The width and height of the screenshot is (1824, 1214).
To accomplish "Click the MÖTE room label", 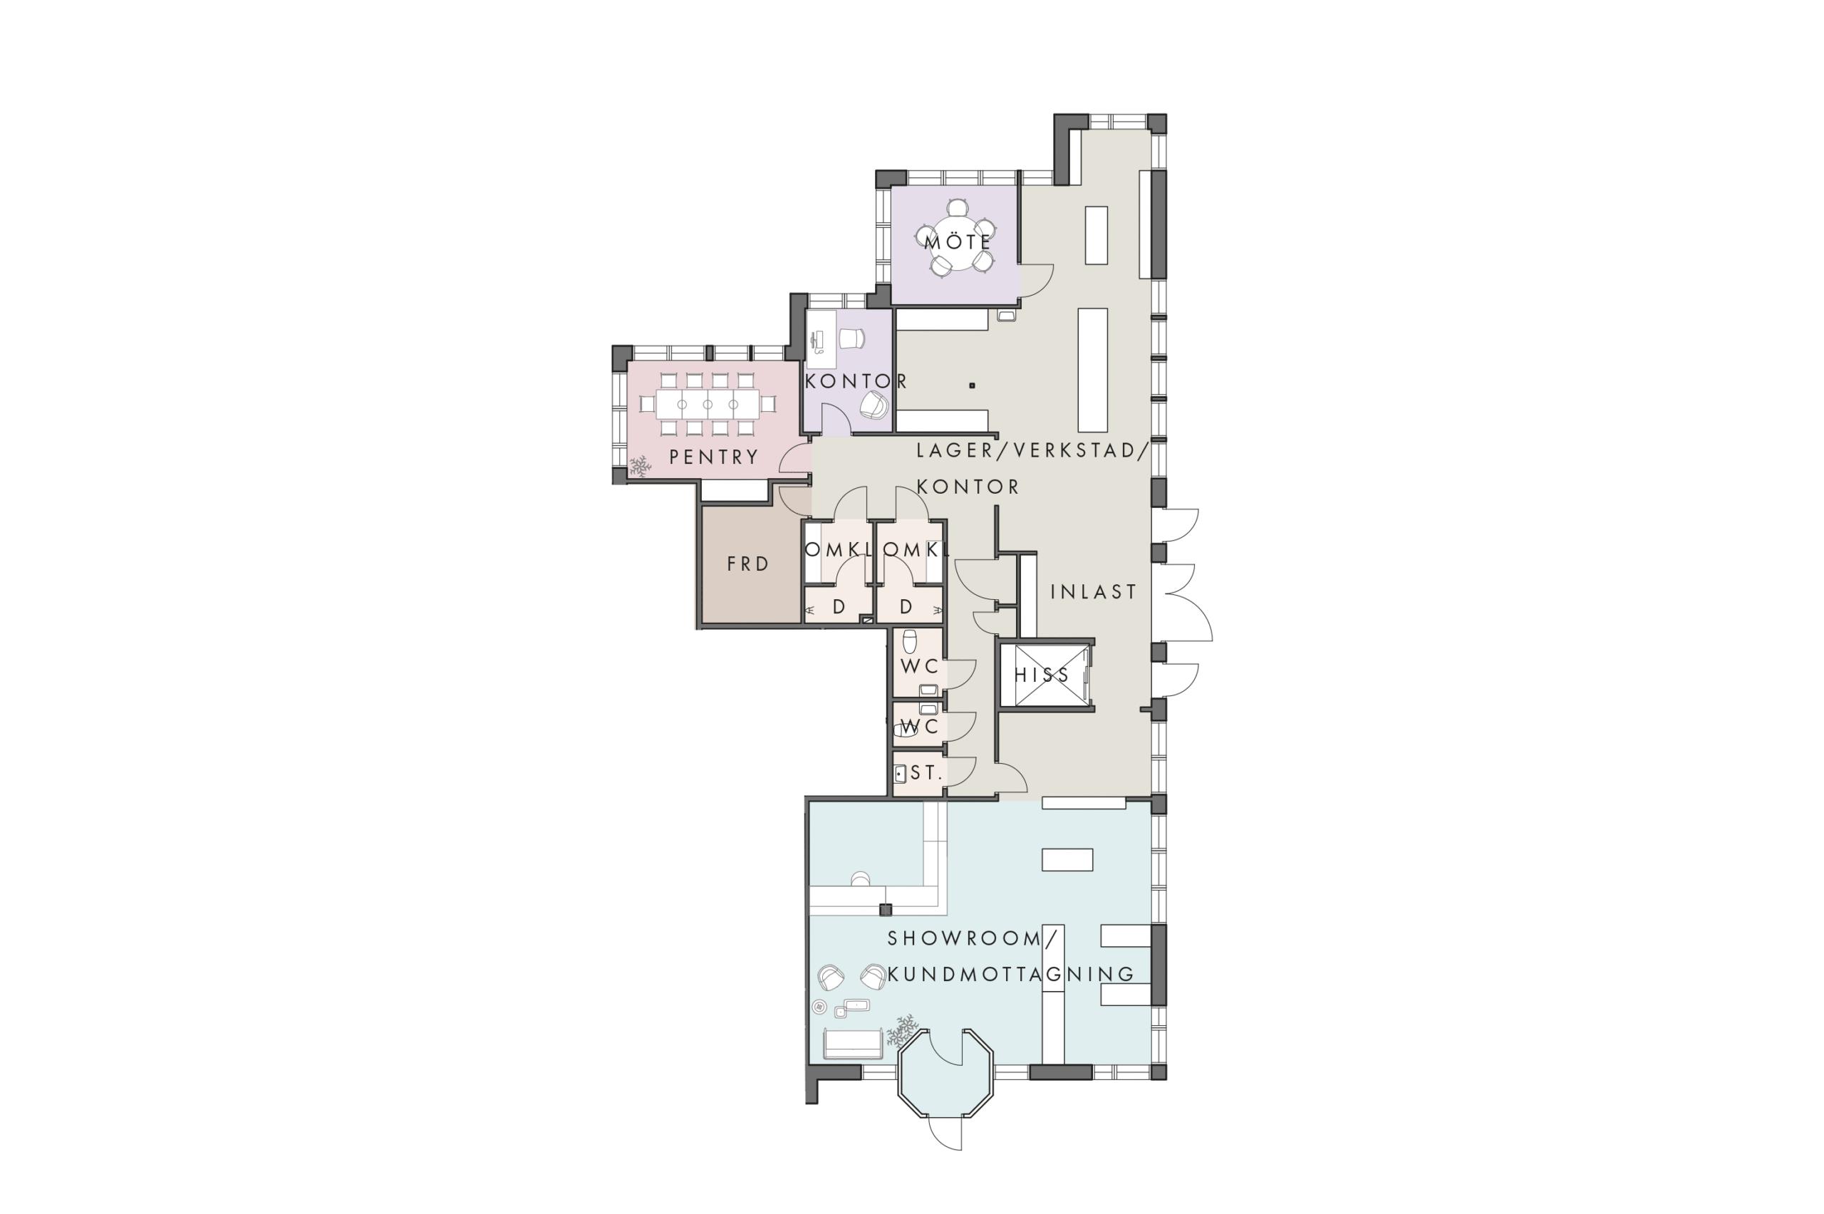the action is tap(958, 242).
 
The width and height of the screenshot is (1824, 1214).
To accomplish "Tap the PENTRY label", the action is tap(714, 457).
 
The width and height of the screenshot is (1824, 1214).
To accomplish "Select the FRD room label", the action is tap(748, 564).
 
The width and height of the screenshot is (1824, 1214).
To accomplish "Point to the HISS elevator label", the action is tap(1042, 675).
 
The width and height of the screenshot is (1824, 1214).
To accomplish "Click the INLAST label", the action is tap(1094, 591).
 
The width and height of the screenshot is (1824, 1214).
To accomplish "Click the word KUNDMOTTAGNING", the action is tap(1011, 974).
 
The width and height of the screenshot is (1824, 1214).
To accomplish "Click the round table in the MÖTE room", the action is tap(957, 242).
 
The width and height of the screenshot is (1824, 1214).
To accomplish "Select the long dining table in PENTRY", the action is tap(708, 404).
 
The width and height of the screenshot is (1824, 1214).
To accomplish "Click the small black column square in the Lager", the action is tap(973, 385).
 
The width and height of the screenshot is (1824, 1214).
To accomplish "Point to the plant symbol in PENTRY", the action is tap(640, 465).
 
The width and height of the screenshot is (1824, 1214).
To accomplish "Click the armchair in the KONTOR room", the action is tap(874, 404).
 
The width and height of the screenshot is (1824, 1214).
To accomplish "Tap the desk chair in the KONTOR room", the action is tap(851, 339).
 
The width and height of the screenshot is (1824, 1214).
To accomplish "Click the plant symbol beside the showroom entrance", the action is tap(902, 1030).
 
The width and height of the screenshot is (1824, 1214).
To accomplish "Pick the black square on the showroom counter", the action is tap(886, 910).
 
